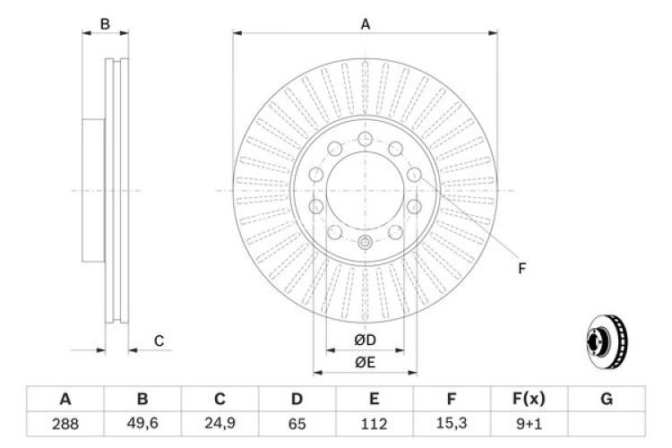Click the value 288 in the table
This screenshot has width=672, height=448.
click(x=65, y=423)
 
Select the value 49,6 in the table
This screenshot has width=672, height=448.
click(x=142, y=423)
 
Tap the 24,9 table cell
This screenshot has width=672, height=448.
click(x=220, y=423)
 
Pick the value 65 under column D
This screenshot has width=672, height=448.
click(x=297, y=423)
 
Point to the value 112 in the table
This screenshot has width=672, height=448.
click(x=375, y=423)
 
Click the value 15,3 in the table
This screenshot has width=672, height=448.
click(x=452, y=423)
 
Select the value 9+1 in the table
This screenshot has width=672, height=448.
click(x=530, y=423)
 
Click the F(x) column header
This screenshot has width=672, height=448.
click(x=530, y=399)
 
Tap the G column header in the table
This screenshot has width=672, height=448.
click(x=607, y=399)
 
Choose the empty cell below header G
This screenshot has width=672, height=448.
click(x=607, y=423)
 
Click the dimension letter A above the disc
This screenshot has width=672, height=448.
click(x=366, y=24)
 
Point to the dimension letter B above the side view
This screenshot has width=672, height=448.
click(x=105, y=24)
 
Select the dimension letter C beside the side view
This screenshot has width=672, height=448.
click(x=159, y=340)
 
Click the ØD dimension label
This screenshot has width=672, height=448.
click(x=365, y=340)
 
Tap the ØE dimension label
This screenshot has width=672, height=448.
click(x=365, y=361)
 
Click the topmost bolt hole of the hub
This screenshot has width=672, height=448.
click(x=366, y=138)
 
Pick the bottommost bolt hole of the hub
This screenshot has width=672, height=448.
click(x=365, y=242)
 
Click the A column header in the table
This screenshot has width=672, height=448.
click(x=65, y=399)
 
